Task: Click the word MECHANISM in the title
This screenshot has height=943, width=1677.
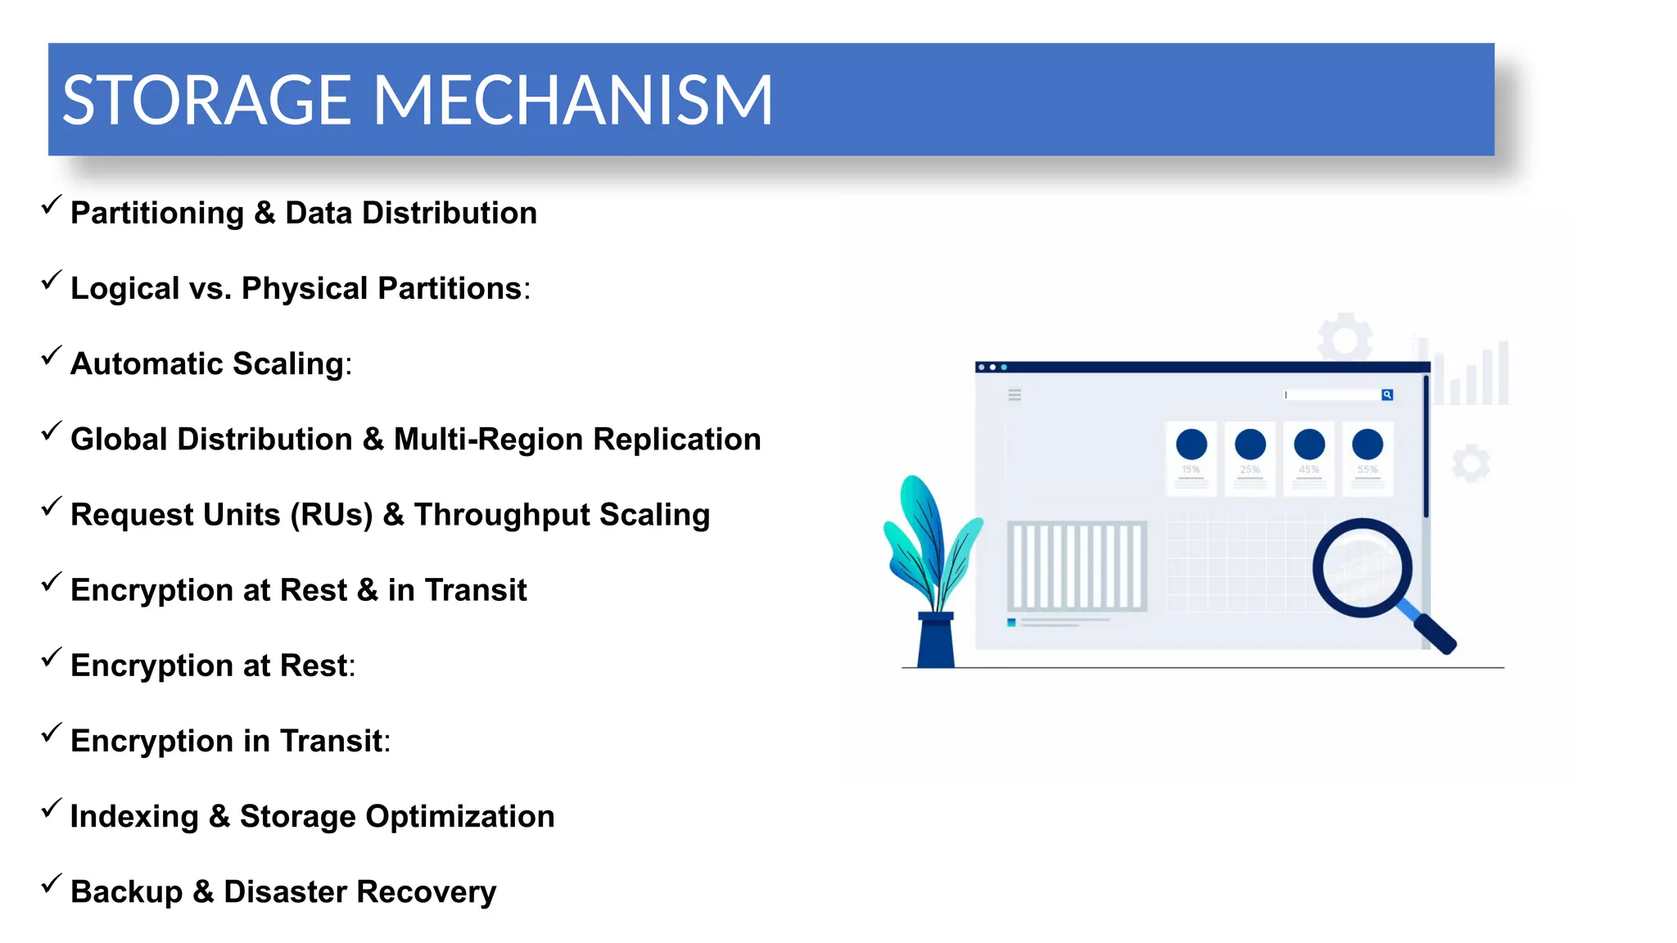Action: (573, 101)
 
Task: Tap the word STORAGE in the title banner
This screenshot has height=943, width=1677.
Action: (206, 101)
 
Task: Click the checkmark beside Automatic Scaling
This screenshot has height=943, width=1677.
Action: (51, 357)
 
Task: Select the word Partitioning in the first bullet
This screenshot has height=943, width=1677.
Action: (157, 213)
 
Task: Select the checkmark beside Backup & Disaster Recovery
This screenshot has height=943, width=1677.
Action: (51, 884)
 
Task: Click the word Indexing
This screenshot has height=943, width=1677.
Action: (134, 816)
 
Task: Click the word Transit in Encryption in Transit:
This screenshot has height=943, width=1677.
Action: (331, 741)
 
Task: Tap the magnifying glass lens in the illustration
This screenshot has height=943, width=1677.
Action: (1362, 567)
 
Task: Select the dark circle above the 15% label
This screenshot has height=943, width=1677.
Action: (1191, 444)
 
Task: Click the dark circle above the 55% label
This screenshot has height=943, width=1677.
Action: (1367, 444)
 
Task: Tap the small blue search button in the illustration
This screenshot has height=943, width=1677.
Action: (1387, 395)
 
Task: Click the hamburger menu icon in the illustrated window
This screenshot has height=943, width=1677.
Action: (1015, 395)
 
